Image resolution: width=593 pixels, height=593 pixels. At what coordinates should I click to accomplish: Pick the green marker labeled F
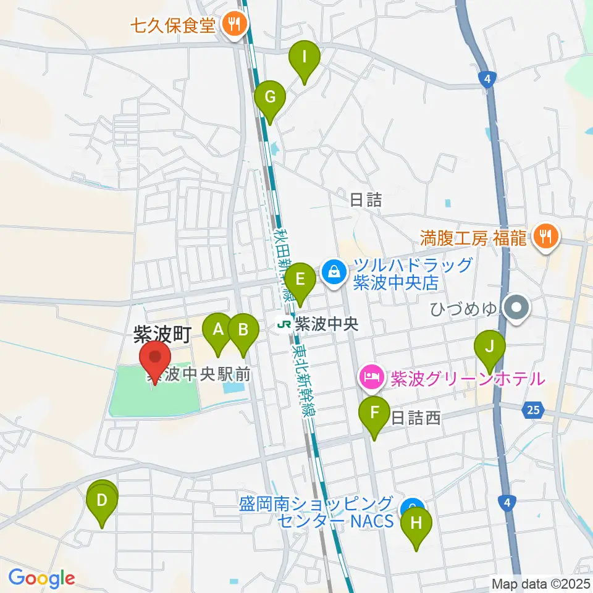pyautogui.click(x=374, y=413)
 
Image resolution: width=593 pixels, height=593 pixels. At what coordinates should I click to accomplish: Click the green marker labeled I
pyautogui.click(x=305, y=59)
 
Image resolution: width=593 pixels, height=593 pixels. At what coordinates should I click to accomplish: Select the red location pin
pyautogui.click(x=154, y=359)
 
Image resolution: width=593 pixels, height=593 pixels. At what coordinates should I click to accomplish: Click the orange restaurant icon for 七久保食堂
pyautogui.click(x=234, y=25)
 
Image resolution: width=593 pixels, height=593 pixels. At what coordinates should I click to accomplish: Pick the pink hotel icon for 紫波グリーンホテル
pyautogui.click(x=371, y=375)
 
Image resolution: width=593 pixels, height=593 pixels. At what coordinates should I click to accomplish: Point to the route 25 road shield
pyautogui.click(x=534, y=408)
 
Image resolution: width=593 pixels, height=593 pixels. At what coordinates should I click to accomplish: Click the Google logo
pyautogui.click(x=41, y=578)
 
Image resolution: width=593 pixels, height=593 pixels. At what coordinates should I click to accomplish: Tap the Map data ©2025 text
pyautogui.click(x=541, y=583)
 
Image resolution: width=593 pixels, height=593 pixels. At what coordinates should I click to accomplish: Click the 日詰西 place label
pyautogui.click(x=416, y=419)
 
